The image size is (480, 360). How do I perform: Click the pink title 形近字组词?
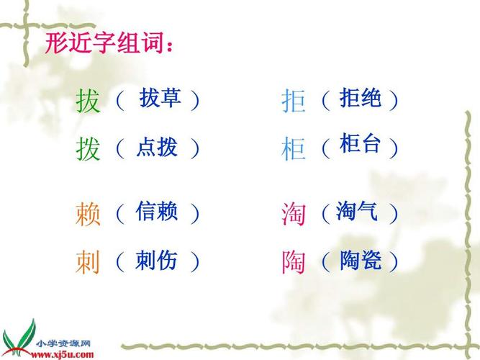pos(109,43)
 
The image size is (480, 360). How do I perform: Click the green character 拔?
pos(88,101)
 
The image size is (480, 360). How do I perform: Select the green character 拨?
pos(88,149)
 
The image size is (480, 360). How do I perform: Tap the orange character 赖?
pos(88,214)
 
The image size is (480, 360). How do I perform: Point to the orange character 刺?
pos(88,261)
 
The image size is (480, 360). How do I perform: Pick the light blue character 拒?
pos(294,101)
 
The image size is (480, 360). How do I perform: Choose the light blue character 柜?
pos(294,149)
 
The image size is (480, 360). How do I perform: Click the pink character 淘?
pos(294,214)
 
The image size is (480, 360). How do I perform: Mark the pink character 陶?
pos(294,261)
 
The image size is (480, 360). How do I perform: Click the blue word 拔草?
pos(160,98)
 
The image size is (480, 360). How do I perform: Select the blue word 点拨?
pos(157,147)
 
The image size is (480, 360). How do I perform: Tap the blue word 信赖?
pos(156,211)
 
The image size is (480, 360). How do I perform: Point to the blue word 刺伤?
pos(156,260)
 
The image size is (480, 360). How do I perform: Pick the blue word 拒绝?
pos(361,97)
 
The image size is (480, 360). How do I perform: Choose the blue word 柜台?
pos(360,143)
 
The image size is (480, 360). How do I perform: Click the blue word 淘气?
pos(357,211)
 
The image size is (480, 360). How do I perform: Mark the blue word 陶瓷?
pos(361,260)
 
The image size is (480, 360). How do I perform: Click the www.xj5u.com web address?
pos(62,355)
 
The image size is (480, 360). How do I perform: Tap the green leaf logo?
pos(19,338)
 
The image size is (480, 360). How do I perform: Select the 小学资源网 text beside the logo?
pos(63,343)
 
